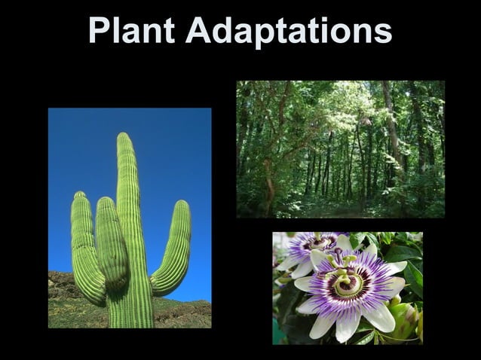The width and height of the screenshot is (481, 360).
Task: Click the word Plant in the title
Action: (132, 31)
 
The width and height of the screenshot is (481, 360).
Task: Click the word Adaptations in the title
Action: (289, 31)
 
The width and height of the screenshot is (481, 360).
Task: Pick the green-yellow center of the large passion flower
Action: (348, 284)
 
